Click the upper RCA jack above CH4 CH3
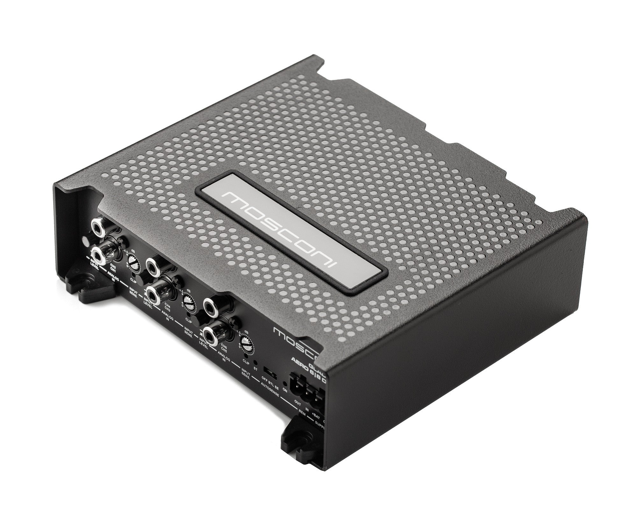coord(152,264)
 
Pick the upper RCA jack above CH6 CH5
coord(210,307)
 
